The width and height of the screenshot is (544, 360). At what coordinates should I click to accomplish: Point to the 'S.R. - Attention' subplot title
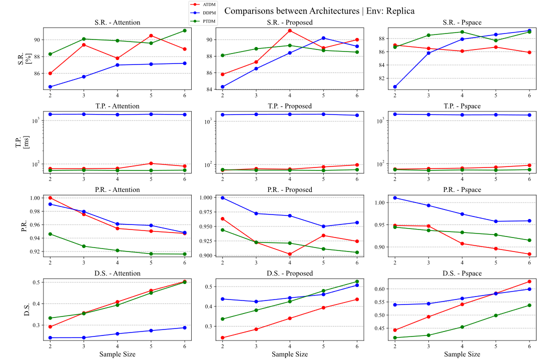tap(117, 22)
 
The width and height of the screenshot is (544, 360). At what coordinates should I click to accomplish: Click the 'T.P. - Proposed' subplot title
tap(289, 106)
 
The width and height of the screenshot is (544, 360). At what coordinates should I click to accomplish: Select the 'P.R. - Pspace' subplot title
tap(462, 189)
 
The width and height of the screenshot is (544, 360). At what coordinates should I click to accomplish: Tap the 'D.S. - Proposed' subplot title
tap(289, 273)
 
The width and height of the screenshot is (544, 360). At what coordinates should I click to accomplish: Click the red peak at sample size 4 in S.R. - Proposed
tap(290, 30)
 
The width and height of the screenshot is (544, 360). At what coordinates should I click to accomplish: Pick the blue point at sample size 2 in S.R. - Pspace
tap(395, 86)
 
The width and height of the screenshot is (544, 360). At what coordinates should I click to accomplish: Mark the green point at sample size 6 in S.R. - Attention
tap(185, 30)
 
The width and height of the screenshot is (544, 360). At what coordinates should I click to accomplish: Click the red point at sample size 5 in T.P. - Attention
tap(151, 163)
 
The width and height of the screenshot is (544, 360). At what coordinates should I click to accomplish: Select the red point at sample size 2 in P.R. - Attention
tap(50, 198)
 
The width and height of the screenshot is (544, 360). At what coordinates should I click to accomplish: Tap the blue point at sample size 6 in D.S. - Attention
tap(185, 327)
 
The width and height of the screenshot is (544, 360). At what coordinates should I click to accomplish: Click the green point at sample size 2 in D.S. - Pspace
tap(395, 337)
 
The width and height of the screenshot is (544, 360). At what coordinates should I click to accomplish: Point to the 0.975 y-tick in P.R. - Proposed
tap(208, 213)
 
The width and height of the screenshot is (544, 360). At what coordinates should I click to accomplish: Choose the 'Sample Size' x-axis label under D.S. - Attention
tap(117, 354)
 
